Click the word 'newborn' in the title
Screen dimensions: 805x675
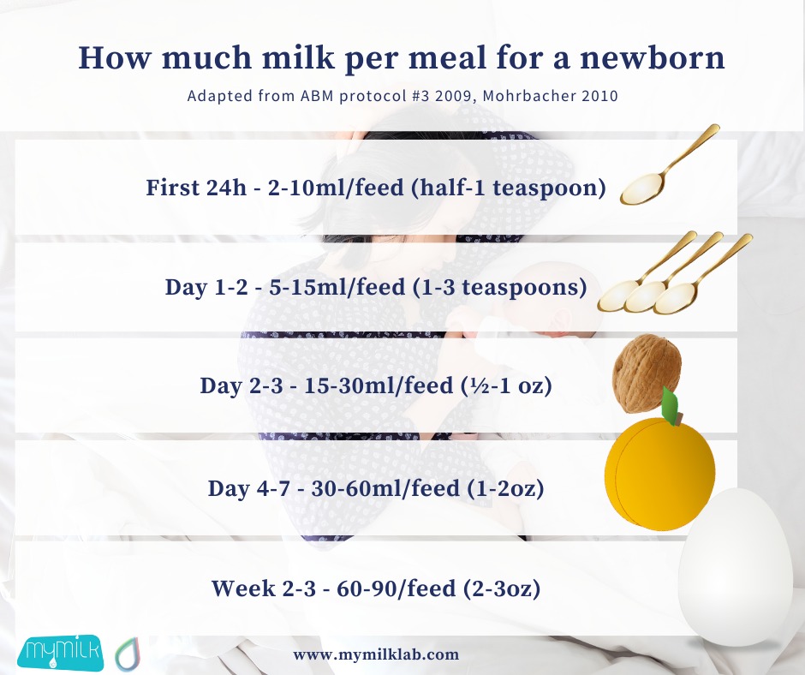pos(652,57)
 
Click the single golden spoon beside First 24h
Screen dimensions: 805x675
pos(669,165)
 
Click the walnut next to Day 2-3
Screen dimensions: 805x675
pos(647,373)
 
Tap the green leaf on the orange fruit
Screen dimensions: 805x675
pos(670,404)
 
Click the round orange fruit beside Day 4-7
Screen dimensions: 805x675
pos(659,473)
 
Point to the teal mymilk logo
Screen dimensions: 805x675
pos(60,653)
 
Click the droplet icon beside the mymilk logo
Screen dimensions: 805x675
pos(128,654)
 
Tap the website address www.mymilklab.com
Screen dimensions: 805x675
pos(376,655)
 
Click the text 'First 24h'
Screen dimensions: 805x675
pos(196,188)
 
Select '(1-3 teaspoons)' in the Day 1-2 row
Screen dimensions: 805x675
pos(500,287)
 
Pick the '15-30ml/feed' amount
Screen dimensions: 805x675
pos(379,385)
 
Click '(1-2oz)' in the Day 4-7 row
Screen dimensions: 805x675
pos(505,488)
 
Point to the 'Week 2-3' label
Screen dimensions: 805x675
pos(264,588)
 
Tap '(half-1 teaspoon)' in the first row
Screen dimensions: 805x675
pos(509,188)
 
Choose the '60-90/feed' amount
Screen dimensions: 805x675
pos(397,588)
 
